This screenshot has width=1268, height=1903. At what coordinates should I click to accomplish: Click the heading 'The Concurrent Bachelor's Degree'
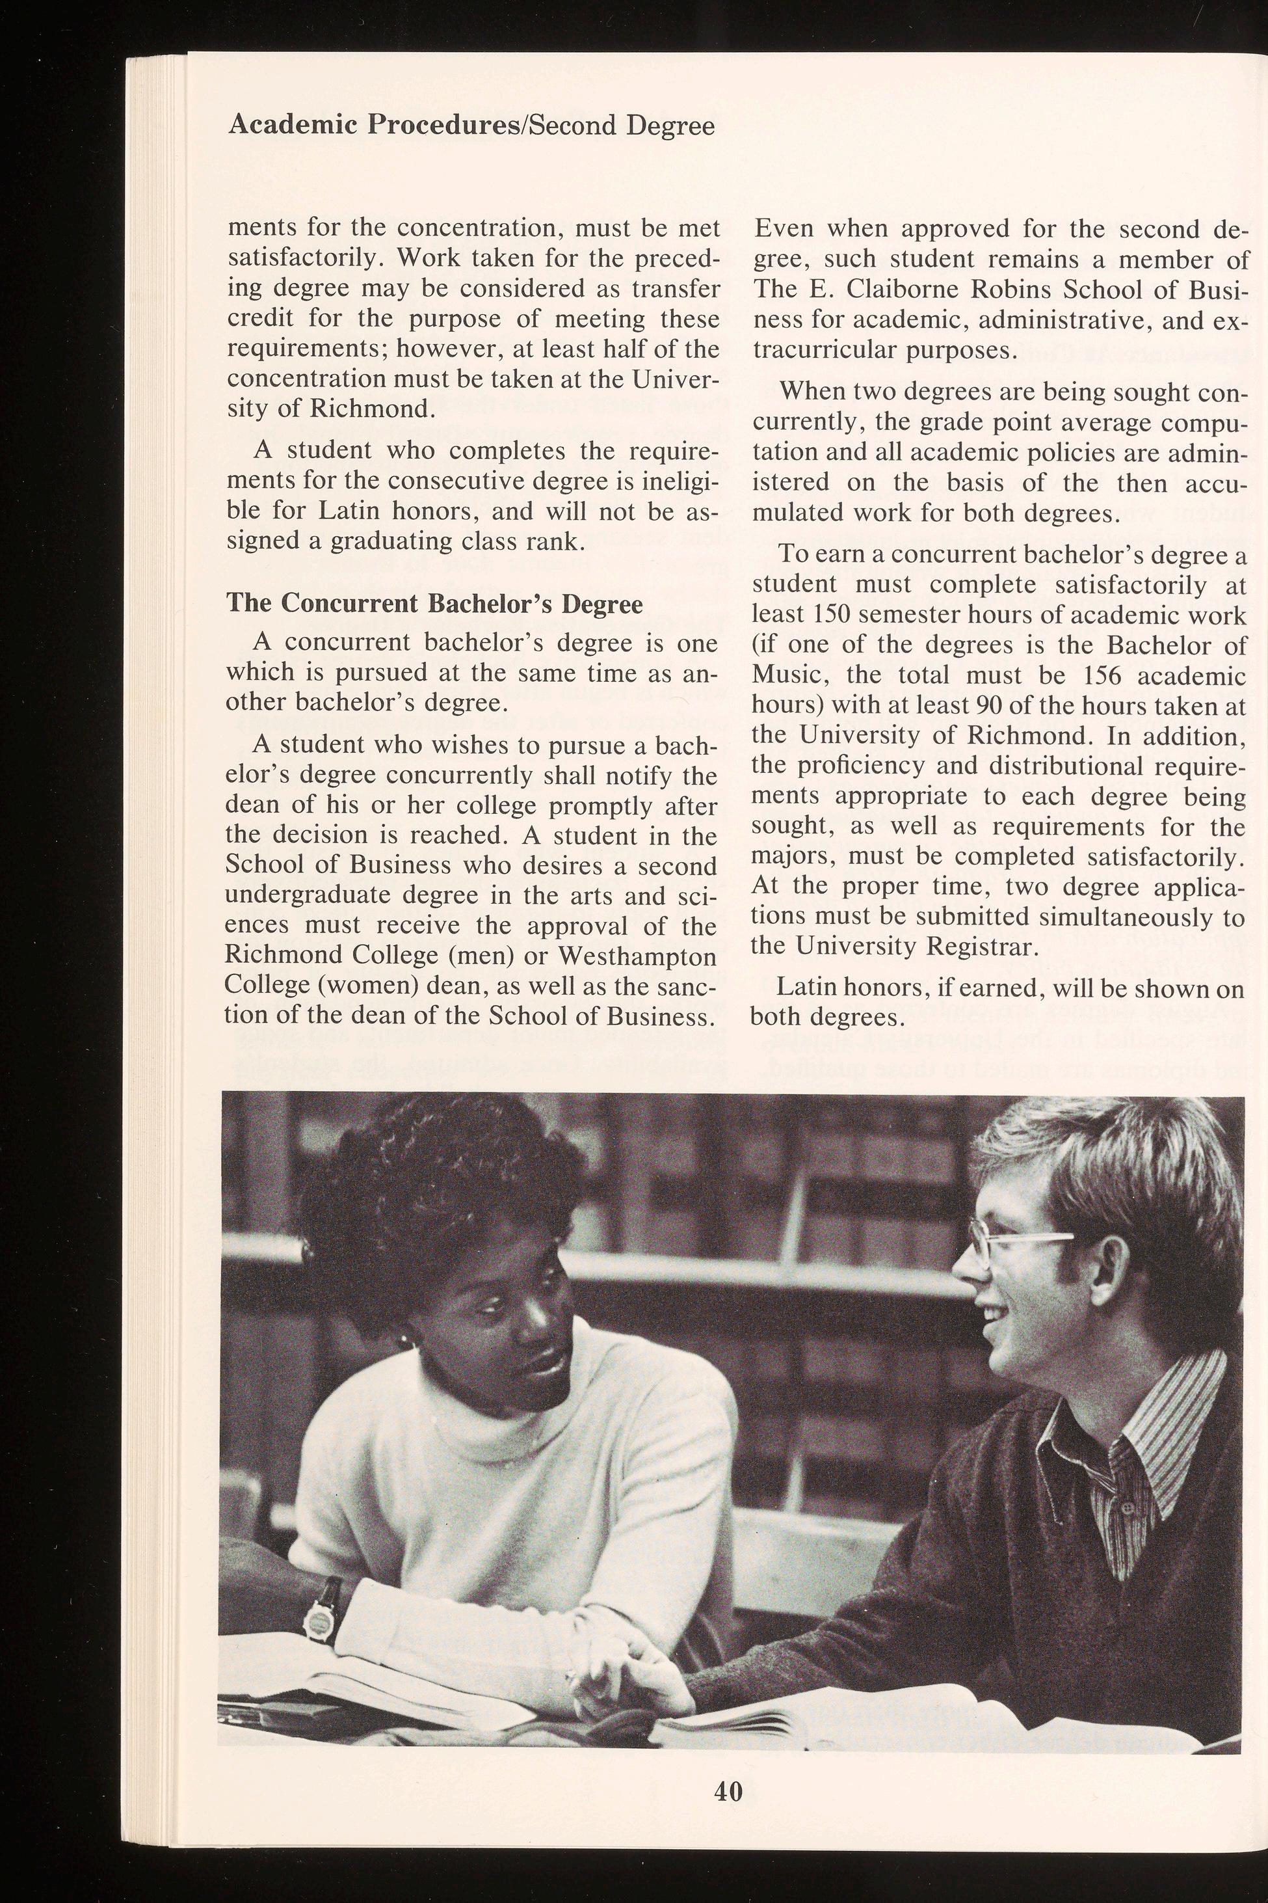point(434,604)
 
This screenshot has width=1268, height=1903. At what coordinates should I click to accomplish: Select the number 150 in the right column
point(817,615)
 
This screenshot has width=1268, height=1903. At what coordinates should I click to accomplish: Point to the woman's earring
point(404,1340)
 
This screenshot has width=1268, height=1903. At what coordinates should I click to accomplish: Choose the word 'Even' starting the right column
point(783,229)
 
